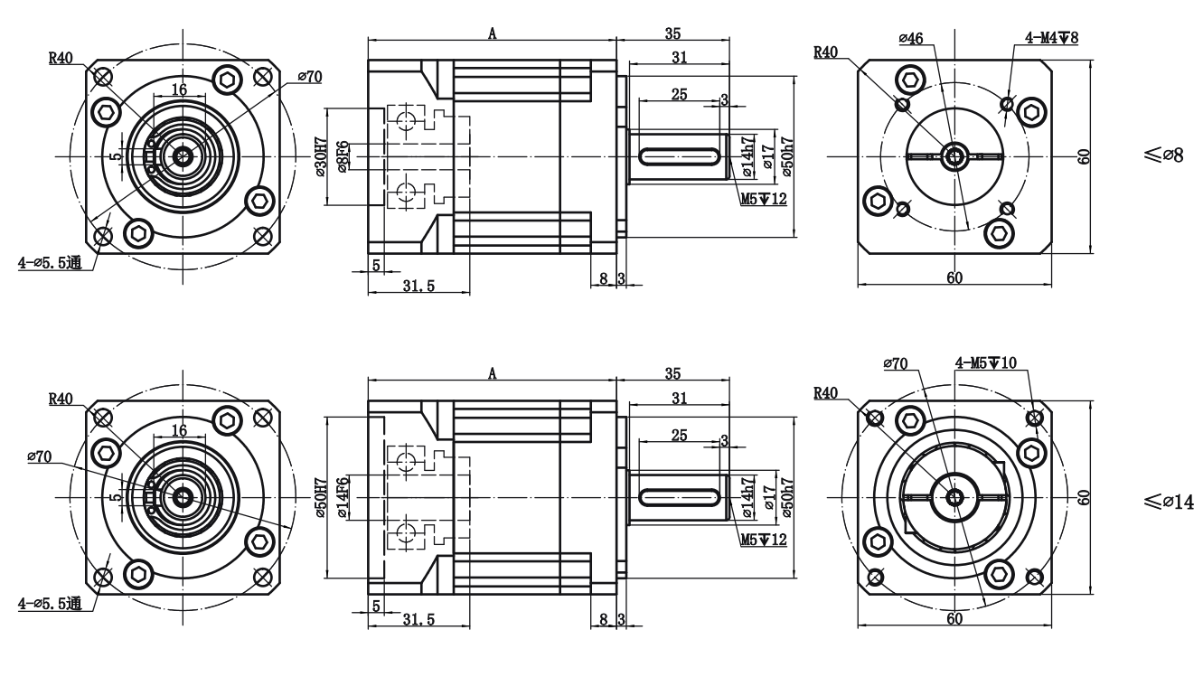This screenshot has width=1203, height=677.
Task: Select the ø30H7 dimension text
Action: pyautogui.click(x=321, y=156)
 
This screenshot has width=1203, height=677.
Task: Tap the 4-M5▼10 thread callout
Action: pyautogui.click(x=987, y=363)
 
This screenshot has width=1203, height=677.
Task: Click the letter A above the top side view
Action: pyautogui.click(x=493, y=33)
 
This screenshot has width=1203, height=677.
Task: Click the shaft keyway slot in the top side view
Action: pyautogui.click(x=680, y=157)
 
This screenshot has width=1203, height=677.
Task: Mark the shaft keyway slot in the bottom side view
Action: pyautogui.click(x=680, y=497)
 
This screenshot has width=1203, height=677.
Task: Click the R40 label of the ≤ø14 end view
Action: pyautogui.click(x=825, y=393)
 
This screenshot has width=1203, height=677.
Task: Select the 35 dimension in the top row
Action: pyautogui.click(x=672, y=33)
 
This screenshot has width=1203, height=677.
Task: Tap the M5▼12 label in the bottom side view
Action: pyautogui.click(x=762, y=540)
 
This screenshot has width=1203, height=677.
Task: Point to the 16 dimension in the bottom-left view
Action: pyautogui.click(x=180, y=431)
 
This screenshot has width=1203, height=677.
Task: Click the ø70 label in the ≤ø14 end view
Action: pyautogui.click(x=898, y=363)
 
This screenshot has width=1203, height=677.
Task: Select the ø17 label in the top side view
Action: pyautogui.click(x=768, y=155)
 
